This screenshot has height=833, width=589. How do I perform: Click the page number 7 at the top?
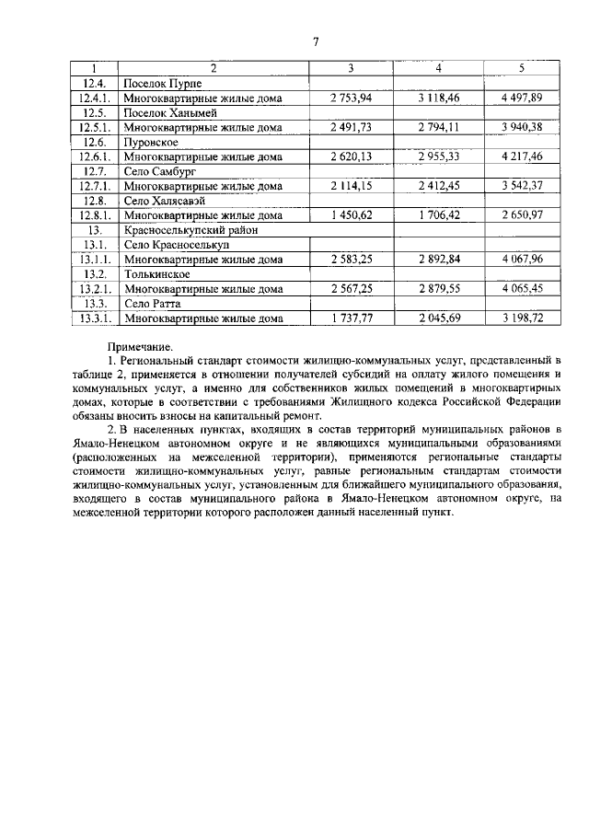(315, 42)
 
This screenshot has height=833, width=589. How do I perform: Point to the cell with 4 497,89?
(522, 98)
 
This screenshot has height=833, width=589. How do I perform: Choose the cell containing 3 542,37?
(522, 186)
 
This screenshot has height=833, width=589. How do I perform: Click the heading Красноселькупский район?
(188, 230)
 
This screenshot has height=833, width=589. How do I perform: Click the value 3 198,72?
(522, 318)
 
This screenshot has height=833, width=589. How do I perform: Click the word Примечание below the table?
(138, 346)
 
